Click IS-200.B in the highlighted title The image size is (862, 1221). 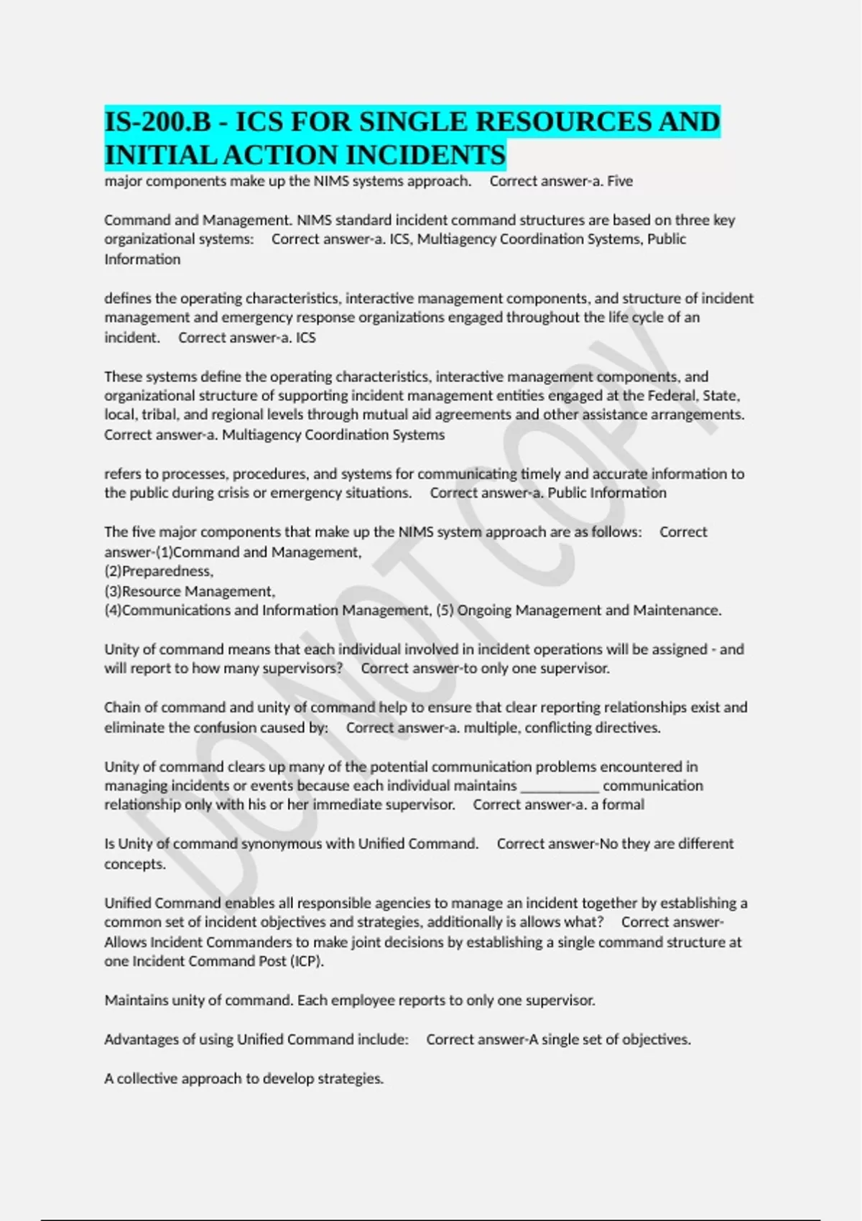point(158,122)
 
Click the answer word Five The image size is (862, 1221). point(619,181)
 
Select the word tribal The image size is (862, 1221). point(154,415)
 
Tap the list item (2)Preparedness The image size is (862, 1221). point(159,572)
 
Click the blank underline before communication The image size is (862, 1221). point(560,786)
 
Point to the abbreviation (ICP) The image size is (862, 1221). point(307,962)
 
